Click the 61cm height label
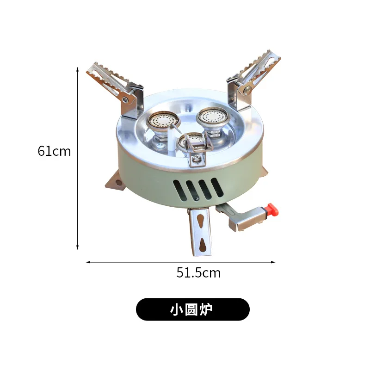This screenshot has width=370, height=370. tap(55, 151)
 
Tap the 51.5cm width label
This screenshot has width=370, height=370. tap(198, 273)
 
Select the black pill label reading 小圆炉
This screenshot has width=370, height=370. tap(192, 309)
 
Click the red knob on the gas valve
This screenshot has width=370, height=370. tap(273, 210)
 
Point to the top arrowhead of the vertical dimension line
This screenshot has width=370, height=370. tap(78, 69)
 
